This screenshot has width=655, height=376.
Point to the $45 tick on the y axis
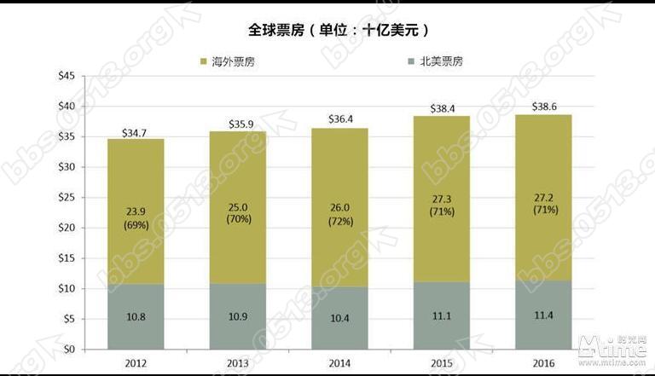tap(65, 76)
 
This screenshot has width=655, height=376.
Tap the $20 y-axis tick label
tap(65, 228)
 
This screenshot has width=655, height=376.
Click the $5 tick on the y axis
tap(67, 319)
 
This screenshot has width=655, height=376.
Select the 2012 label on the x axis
tap(136, 363)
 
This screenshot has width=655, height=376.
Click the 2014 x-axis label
tap(339, 363)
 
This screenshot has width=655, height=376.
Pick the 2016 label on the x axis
tap(543, 363)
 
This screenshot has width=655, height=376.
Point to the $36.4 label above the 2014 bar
tap(339, 120)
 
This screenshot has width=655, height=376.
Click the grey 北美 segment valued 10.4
tap(339, 318)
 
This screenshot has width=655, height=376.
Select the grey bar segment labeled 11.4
tap(543, 315)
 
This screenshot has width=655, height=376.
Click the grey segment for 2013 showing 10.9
tap(238, 316)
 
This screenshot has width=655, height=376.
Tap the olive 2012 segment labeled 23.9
tap(136, 211)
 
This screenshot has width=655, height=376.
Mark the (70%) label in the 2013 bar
tap(238, 219)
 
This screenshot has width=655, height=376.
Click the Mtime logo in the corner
tap(611, 346)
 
